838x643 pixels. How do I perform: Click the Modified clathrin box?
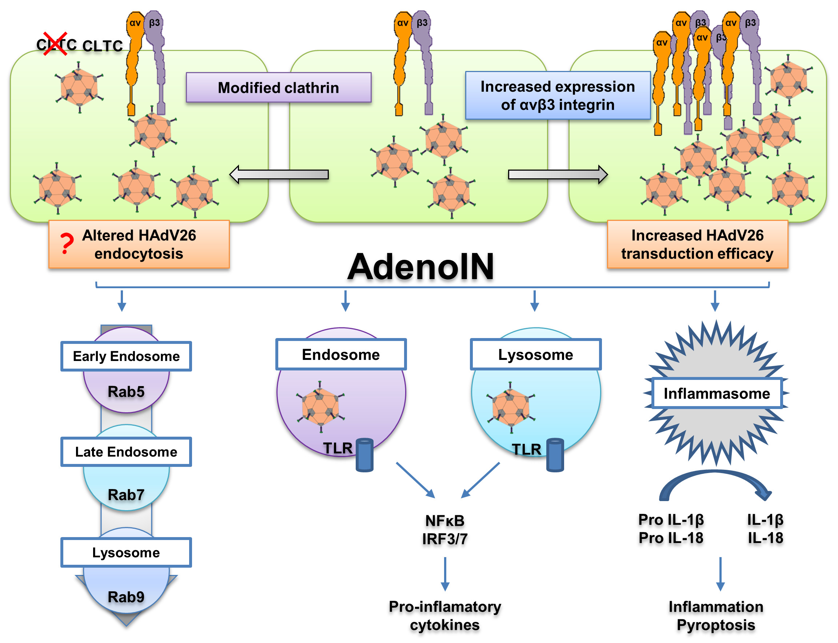click(x=279, y=88)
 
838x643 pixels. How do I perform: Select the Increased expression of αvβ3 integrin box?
click(x=557, y=95)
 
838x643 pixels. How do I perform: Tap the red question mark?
click(x=67, y=244)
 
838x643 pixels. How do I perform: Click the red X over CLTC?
click(x=55, y=44)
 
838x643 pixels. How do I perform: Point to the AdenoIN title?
click(x=420, y=267)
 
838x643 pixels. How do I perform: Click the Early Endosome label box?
click(x=126, y=356)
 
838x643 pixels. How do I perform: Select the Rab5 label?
click(x=126, y=392)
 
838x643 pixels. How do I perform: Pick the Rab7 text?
click(x=126, y=495)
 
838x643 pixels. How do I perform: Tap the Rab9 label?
click(x=126, y=597)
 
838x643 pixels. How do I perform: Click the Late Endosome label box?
click(x=126, y=452)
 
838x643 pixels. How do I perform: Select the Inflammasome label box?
click(x=717, y=393)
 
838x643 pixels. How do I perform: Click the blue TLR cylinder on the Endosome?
click(x=364, y=455)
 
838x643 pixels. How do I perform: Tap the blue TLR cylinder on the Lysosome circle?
click(x=555, y=455)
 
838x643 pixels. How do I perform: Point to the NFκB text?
click(x=445, y=520)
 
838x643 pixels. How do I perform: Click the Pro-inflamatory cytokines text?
click(x=445, y=615)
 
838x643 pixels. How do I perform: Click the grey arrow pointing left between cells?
click(x=279, y=175)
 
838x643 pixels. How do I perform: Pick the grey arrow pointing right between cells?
click(x=558, y=175)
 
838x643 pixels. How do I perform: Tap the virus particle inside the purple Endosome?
click(x=320, y=407)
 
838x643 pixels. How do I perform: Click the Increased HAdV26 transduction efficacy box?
click(x=697, y=244)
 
